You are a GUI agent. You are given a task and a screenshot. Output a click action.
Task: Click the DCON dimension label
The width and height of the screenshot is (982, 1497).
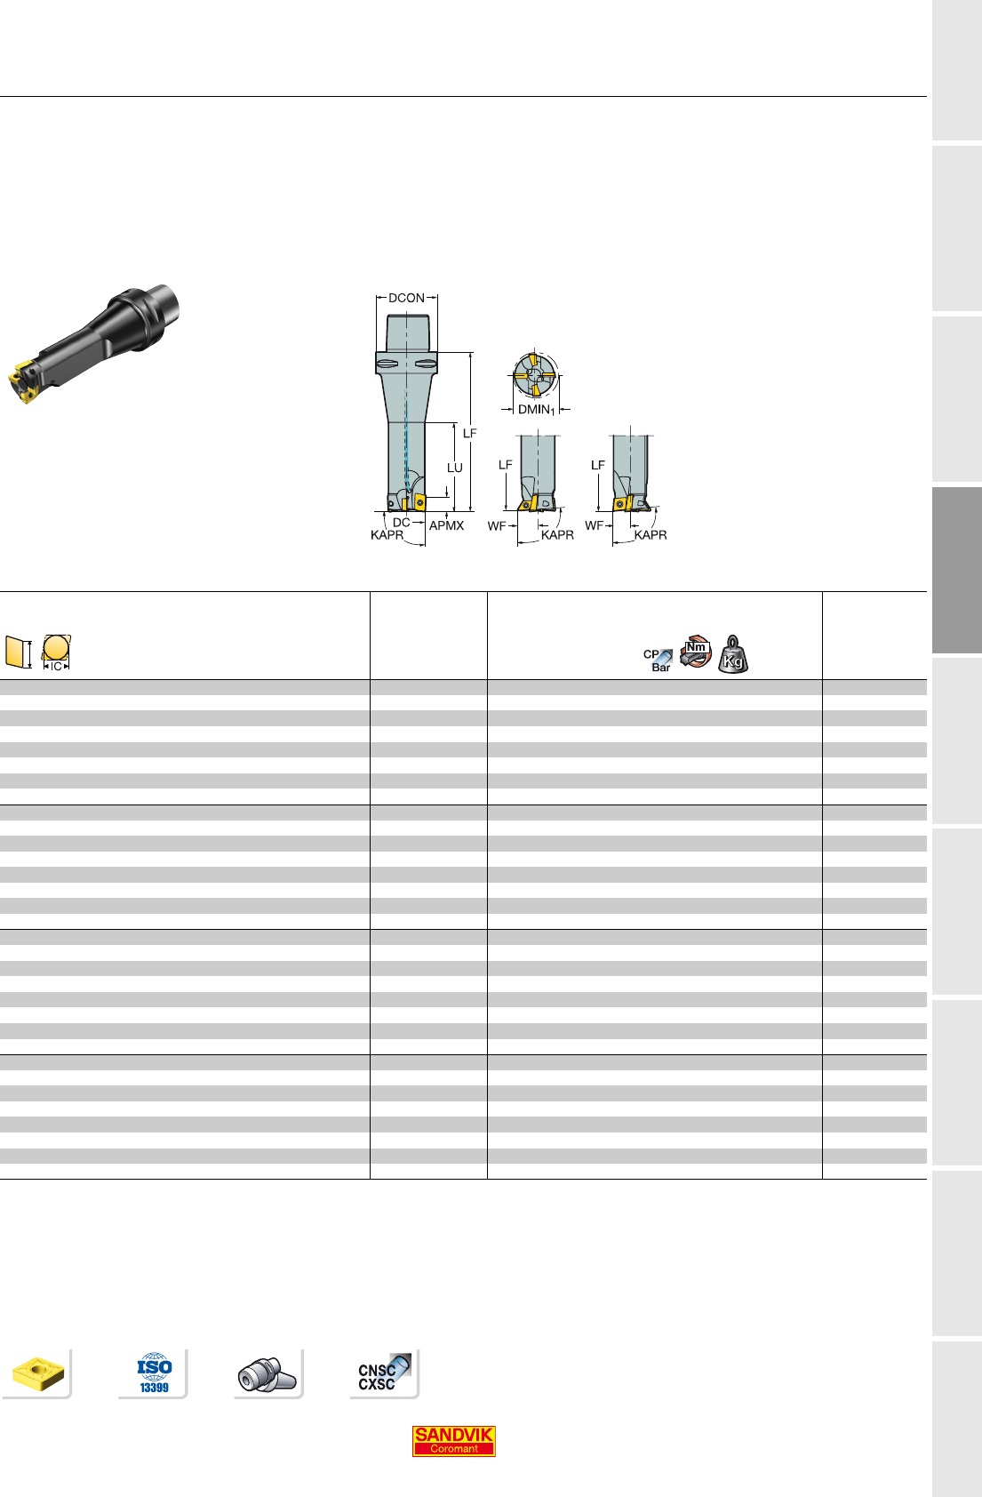coord(406,298)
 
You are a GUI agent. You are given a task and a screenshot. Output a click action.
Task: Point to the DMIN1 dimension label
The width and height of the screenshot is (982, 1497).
coord(537,410)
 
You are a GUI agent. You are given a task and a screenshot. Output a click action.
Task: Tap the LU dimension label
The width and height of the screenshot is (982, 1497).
coord(455,468)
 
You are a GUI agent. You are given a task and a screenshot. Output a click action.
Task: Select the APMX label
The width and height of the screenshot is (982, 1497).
coord(446,526)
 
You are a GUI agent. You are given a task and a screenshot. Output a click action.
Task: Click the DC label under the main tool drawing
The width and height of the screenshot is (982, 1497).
coord(401,522)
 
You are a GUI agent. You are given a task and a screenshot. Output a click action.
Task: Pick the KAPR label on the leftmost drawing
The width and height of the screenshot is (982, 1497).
coord(387,534)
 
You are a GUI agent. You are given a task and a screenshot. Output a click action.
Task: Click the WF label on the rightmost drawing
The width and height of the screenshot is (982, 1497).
coord(594,526)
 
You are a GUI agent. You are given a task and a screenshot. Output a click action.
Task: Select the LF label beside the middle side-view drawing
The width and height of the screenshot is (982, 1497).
coord(506,464)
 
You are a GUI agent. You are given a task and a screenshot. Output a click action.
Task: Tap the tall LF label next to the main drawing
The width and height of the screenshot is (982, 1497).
coord(470,433)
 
